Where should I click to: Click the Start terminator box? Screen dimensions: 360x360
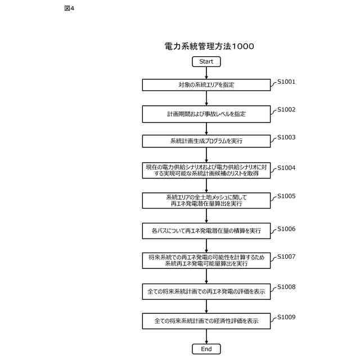click(x=206, y=61)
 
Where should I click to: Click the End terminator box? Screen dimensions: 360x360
click(x=206, y=349)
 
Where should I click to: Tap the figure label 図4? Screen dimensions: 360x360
click(x=69, y=8)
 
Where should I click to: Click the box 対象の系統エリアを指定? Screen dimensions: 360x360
click(x=206, y=85)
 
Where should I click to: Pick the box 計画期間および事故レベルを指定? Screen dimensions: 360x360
click(x=206, y=114)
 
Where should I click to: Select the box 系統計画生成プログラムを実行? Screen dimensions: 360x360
click(x=206, y=141)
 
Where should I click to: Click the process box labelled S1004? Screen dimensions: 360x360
click(x=206, y=170)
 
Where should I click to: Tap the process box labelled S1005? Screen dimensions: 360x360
click(x=206, y=200)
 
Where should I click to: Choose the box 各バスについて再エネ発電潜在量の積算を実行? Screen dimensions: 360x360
click(x=206, y=230)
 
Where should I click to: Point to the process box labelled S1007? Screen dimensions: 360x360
click(x=206, y=260)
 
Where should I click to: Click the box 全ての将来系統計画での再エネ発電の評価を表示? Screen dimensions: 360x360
click(x=206, y=291)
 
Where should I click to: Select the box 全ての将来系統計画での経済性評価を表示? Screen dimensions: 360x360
click(x=206, y=321)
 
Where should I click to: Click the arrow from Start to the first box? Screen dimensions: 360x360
click(x=206, y=73)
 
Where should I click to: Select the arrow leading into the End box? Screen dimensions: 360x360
click(x=206, y=336)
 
